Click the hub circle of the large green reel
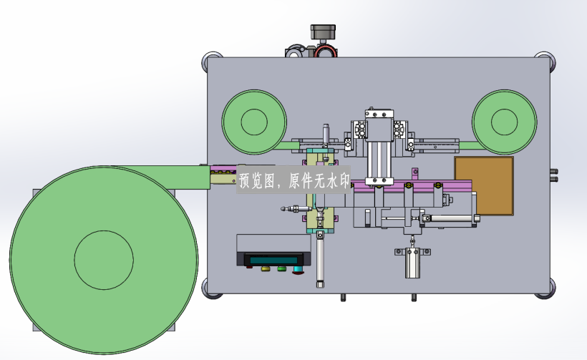(104, 260)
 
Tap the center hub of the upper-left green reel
(254, 122)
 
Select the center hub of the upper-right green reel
(504, 122)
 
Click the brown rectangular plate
(484, 185)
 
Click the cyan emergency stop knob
(298, 270)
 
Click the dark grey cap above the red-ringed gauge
(323, 31)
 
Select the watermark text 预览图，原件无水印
(294, 181)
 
